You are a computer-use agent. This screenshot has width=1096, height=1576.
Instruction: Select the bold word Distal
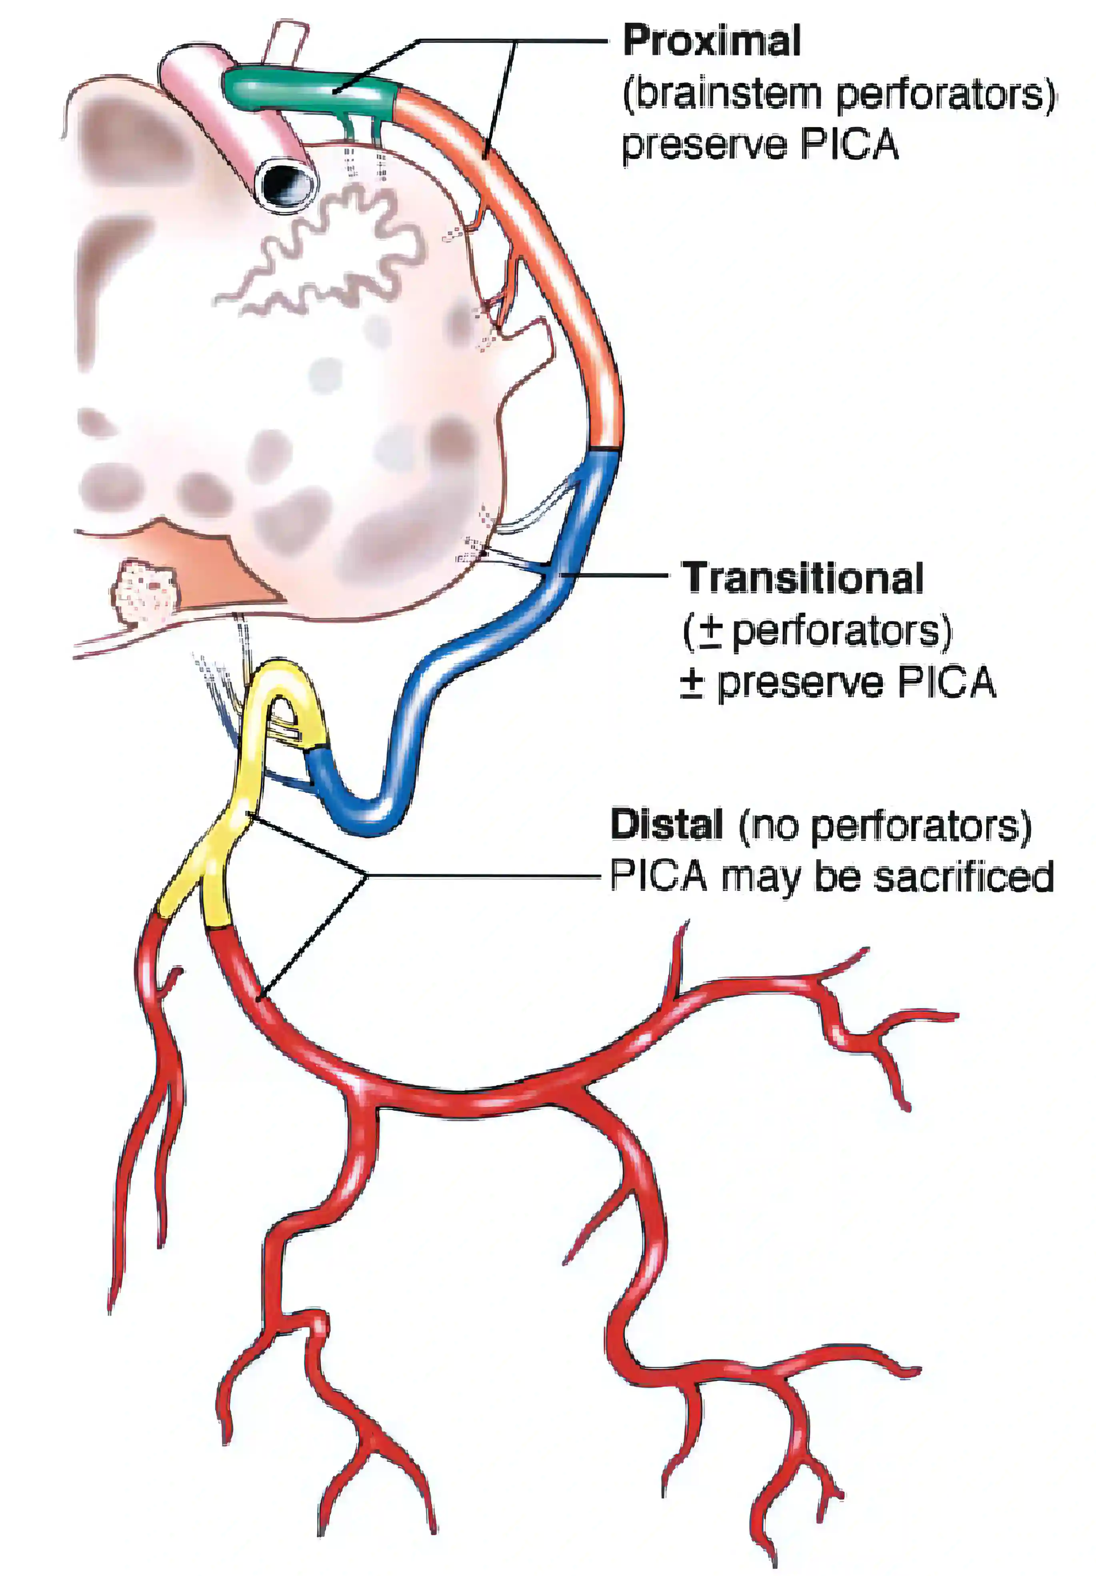(666, 824)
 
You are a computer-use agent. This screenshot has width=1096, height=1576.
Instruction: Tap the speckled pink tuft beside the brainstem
(144, 590)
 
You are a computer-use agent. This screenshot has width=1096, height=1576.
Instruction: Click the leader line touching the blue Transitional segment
(618, 573)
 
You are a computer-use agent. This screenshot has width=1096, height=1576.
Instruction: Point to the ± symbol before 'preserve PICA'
(692, 683)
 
